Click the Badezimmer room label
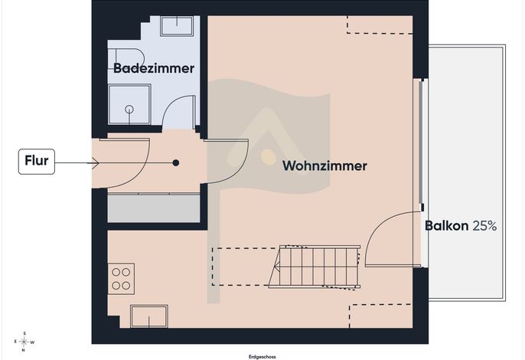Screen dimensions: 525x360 click(x=154, y=68)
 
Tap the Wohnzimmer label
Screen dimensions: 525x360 click(x=324, y=165)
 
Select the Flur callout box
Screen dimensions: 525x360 click(x=37, y=162)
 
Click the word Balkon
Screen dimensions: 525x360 click(x=446, y=226)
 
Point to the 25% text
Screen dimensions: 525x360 click(x=484, y=226)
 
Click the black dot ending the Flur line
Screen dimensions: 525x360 click(x=176, y=163)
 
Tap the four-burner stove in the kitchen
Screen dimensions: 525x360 click(x=121, y=279)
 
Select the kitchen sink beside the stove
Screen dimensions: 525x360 click(x=149, y=316)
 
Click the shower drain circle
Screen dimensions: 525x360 click(x=129, y=109)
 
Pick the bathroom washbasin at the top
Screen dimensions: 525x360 click(x=177, y=26)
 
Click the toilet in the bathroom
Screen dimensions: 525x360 click(x=126, y=59)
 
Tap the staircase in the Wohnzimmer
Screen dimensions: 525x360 click(x=314, y=267)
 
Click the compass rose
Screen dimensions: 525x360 click(x=24, y=342)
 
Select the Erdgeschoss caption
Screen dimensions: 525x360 click(x=262, y=357)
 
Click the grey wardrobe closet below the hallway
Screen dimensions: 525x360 click(x=154, y=208)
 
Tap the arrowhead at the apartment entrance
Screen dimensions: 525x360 click(x=94, y=163)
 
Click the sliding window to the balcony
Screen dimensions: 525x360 click(x=422, y=145)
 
